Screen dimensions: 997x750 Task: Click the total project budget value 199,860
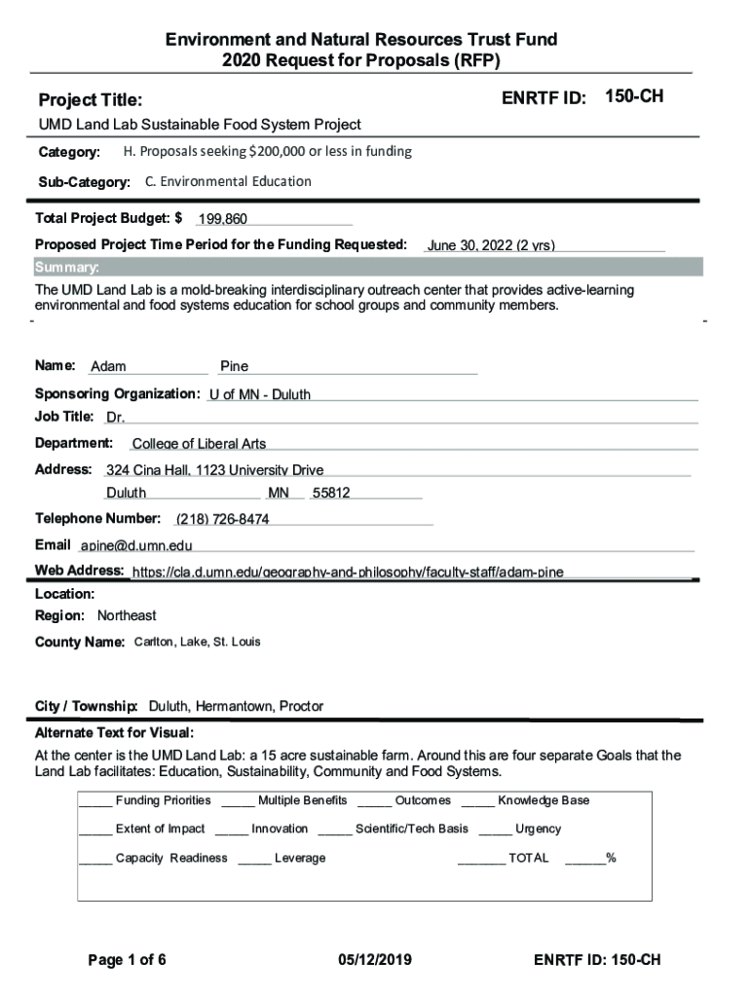pyautogui.click(x=222, y=220)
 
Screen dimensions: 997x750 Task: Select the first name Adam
pyautogui.click(x=108, y=367)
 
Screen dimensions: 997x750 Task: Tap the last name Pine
pyautogui.click(x=234, y=367)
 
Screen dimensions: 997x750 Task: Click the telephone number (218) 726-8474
pyautogui.click(x=223, y=519)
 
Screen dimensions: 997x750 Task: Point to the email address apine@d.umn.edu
pyautogui.click(x=136, y=545)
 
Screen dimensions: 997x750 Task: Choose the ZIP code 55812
pyautogui.click(x=331, y=493)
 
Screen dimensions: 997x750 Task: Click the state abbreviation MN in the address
pyautogui.click(x=279, y=493)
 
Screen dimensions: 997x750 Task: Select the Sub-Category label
pyautogui.click(x=85, y=183)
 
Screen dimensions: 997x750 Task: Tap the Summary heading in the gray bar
pyautogui.click(x=66, y=268)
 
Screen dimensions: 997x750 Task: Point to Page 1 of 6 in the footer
pyautogui.click(x=128, y=960)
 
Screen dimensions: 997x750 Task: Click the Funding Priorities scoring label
pyautogui.click(x=163, y=800)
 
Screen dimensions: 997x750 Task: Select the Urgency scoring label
pyautogui.click(x=538, y=829)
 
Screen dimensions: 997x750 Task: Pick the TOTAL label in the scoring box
pyautogui.click(x=529, y=858)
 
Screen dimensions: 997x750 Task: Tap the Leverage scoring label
pyautogui.click(x=300, y=858)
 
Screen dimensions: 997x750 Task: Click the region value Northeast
pyautogui.click(x=127, y=615)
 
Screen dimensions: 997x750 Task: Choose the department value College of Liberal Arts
pyautogui.click(x=199, y=444)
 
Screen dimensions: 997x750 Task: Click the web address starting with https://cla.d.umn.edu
pyautogui.click(x=348, y=572)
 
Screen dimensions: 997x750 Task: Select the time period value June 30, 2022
pyautogui.click(x=491, y=245)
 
